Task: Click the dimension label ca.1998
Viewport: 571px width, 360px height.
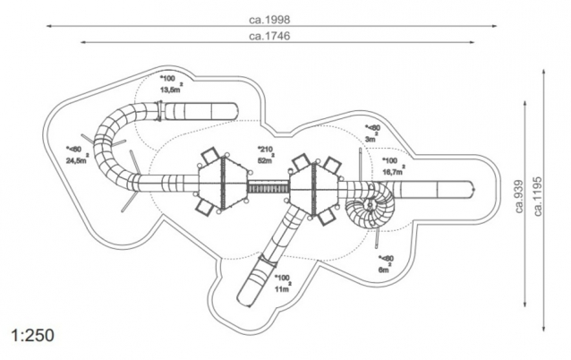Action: click(x=269, y=18)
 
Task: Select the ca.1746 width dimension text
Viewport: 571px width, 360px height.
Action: click(x=270, y=36)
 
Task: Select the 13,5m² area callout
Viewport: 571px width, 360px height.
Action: click(x=171, y=90)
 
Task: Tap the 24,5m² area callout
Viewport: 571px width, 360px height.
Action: click(x=77, y=161)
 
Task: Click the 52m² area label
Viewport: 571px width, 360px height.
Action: click(x=266, y=159)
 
